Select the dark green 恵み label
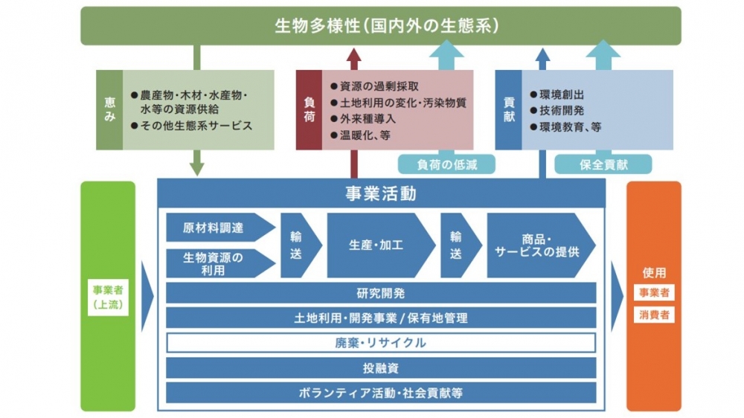pos(109,110)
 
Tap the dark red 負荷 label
pos(309,110)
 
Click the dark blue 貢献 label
pos(508,110)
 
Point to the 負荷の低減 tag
pos(446,164)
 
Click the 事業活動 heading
pos(381,194)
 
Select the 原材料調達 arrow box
pos(215,228)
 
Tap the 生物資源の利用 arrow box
pos(215,263)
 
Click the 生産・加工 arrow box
pos(376,245)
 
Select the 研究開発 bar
pos(381,293)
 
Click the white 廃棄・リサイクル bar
pos(381,343)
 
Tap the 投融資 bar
pos(381,367)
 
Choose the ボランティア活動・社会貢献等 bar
pos(381,392)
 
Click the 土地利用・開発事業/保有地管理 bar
pos(381,318)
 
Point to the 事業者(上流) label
pos(107,297)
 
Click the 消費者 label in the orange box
pos(654,315)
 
